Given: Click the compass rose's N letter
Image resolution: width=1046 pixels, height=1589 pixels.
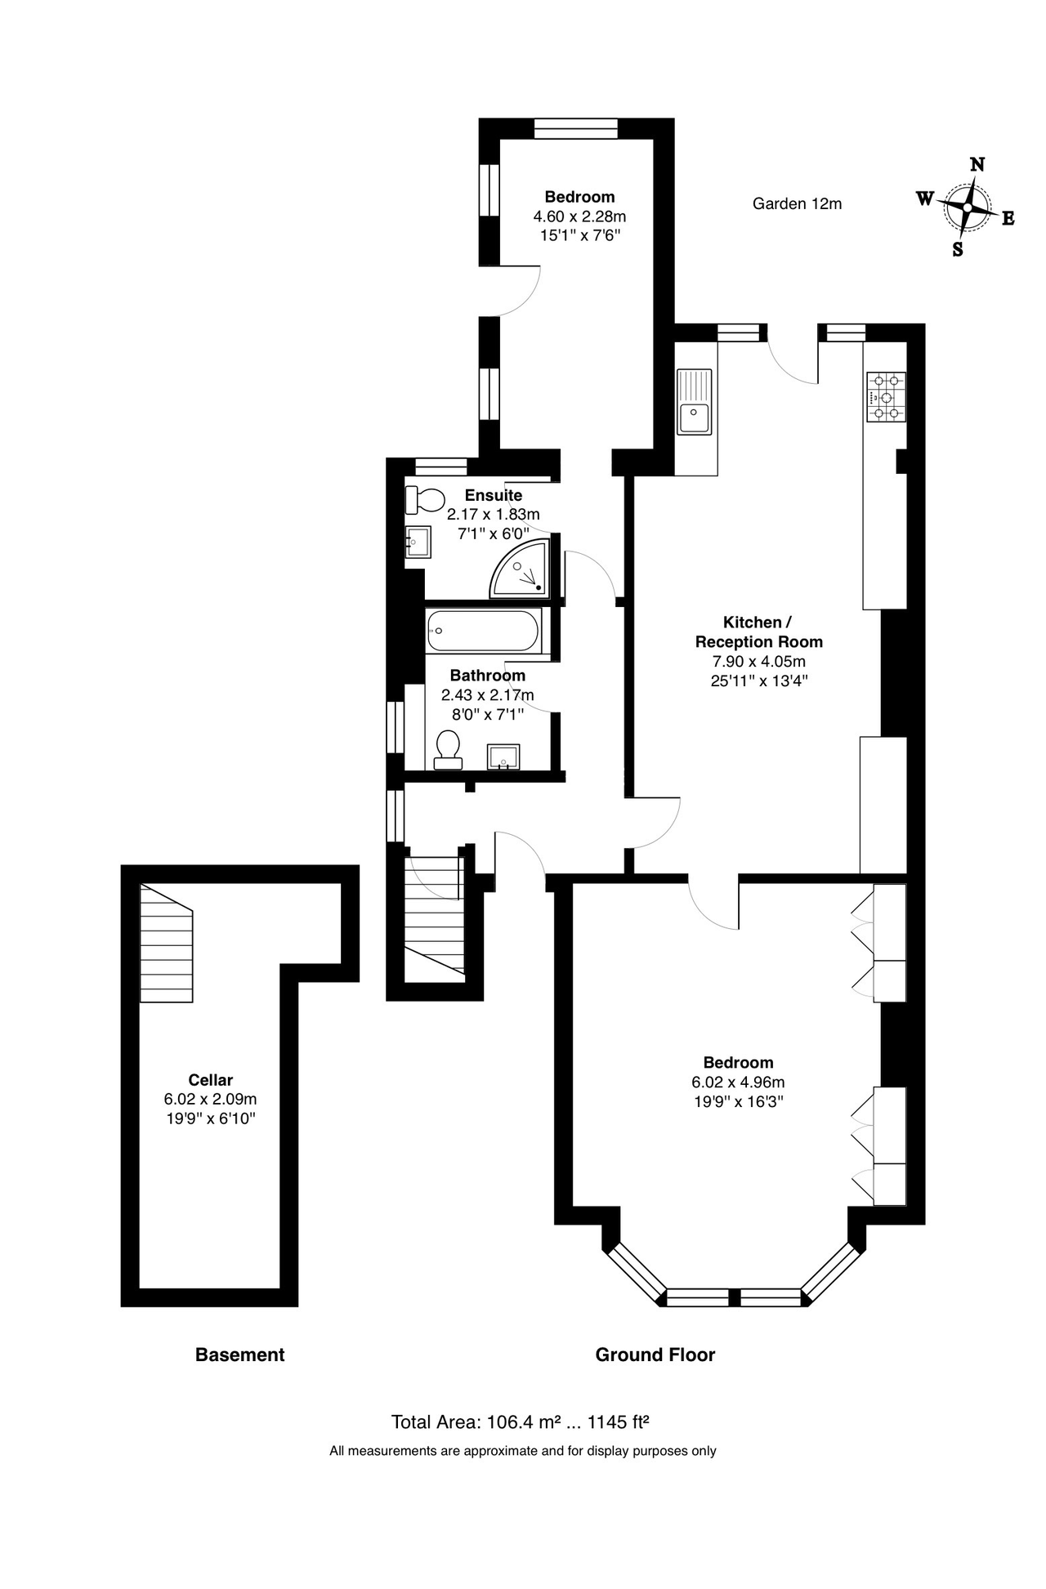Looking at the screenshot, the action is pyautogui.click(x=977, y=165).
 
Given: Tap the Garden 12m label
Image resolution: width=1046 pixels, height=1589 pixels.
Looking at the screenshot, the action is pyautogui.click(x=797, y=203).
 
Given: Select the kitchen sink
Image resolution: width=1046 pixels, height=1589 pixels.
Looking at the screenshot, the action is pyautogui.click(x=695, y=401).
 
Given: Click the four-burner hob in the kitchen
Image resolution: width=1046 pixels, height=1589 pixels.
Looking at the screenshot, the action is pyautogui.click(x=886, y=397).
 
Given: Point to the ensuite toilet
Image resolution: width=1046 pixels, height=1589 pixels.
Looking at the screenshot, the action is pyautogui.click(x=424, y=499).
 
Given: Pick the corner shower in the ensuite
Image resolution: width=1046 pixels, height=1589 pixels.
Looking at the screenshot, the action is pyautogui.click(x=520, y=569).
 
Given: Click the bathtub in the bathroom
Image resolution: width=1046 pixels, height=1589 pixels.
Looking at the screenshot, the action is pyautogui.click(x=483, y=632).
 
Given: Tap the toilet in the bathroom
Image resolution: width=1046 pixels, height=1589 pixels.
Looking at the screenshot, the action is pyautogui.click(x=447, y=750).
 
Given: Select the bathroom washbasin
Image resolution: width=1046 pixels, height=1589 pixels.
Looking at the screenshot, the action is pyautogui.click(x=503, y=757).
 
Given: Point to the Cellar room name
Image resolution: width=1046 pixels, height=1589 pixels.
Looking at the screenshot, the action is pyautogui.click(x=211, y=1080).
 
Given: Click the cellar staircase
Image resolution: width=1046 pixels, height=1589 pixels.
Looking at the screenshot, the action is pyautogui.click(x=167, y=943).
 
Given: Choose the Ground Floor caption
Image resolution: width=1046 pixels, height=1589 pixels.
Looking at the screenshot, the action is pyautogui.click(x=655, y=1355).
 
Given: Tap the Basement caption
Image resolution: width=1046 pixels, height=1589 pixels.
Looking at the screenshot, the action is pyautogui.click(x=240, y=1355).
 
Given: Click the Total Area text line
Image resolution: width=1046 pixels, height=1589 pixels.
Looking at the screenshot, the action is pyautogui.click(x=521, y=1422).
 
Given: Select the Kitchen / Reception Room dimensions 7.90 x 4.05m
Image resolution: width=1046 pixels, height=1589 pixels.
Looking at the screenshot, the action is pyautogui.click(x=759, y=662).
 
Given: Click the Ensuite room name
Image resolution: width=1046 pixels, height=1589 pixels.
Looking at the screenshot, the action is pyautogui.click(x=494, y=495).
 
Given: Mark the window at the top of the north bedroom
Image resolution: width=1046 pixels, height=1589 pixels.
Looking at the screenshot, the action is pyautogui.click(x=576, y=128).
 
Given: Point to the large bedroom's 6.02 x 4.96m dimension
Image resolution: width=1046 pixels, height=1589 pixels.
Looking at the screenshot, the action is pyautogui.click(x=738, y=1082).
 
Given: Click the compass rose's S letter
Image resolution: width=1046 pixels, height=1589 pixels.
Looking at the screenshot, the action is pyautogui.click(x=958, y=250).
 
